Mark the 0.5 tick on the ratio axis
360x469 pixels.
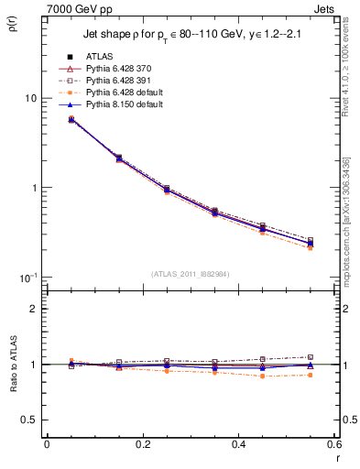tap(30, 420)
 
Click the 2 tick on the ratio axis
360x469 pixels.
tap(35, 309)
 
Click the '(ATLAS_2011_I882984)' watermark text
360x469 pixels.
tap(191, 274)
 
